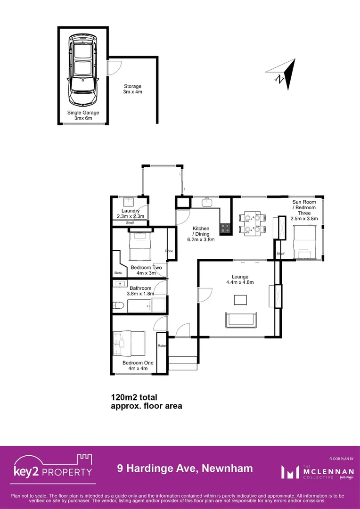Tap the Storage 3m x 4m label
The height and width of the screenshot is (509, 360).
click(x=132, y=89)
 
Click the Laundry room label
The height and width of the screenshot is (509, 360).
click(x=130, y=213)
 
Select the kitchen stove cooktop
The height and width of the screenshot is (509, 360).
click(x=226, y=229)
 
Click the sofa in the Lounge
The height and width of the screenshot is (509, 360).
click(x=242, y=320)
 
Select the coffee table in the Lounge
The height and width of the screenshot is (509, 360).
click(x=240, y=300)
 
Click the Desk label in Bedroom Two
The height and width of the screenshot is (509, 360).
click(x=118, y=273)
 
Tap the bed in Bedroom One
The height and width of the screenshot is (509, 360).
click(x=128, y=343)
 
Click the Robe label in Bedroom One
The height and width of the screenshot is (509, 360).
click(x=162, y=346)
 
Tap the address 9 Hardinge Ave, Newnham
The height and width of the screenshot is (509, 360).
click(x=185, y=468)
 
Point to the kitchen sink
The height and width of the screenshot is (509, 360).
click(x=207, y=203)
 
